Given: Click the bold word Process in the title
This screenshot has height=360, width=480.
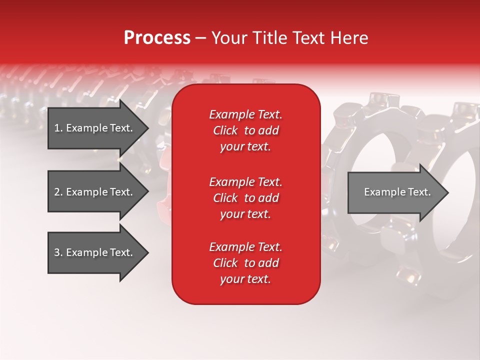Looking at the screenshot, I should point(157,38).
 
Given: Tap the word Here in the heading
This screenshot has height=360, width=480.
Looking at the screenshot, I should point(349,38).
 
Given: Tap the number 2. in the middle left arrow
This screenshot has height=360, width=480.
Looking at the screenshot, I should point(58,192).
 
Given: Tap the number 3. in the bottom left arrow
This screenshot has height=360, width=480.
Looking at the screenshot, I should point(58,252).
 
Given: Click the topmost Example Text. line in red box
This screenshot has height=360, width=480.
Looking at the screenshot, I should point(245,114).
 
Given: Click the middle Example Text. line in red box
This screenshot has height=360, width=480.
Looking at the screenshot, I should point(245,181).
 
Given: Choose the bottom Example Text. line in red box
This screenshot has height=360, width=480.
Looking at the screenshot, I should point(245,247).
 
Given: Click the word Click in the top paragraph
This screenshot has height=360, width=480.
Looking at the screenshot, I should point(225,131).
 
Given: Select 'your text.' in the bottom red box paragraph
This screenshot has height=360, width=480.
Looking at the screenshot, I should point(245,279).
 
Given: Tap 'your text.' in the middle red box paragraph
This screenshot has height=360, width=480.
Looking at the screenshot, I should point(245,214).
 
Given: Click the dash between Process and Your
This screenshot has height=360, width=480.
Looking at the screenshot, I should point(200,38).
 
